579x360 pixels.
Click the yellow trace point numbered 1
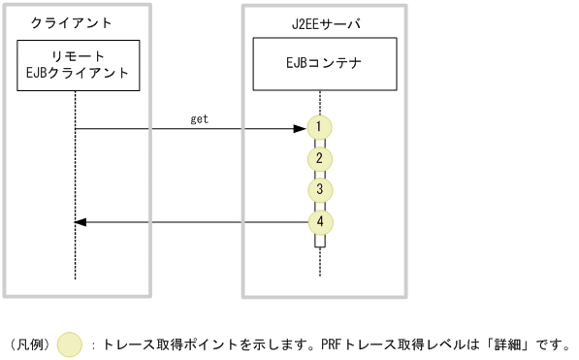[x=319, y=127]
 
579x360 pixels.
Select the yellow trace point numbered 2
[x=319, y=158]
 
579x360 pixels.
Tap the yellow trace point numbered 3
[x=319, y=189]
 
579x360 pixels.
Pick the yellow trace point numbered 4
[x=319, y=221]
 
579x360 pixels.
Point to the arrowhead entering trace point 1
[x=299, y=128]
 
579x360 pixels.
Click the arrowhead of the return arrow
[x=81, y=222]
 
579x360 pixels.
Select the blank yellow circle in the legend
[x=70, y=344]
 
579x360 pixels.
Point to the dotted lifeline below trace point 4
[x=319, y=262]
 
